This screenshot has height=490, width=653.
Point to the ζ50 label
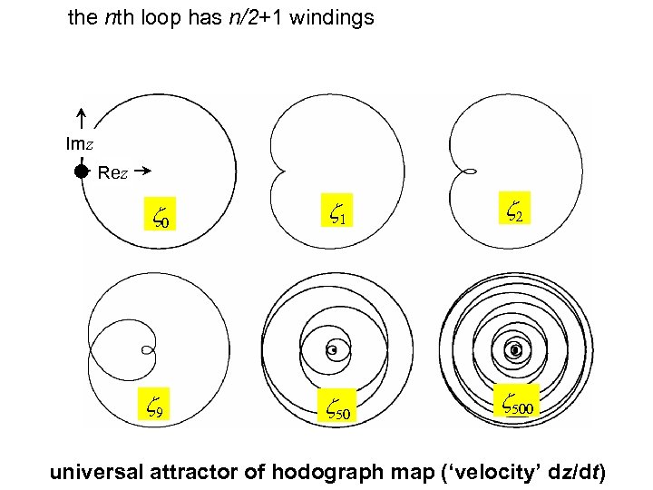click(x=337, y=411)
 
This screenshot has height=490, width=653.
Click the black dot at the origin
click(x=82, y=171)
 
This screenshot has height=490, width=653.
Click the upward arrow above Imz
click(x=81, y=117)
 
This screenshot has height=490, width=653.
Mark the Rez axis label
click(x=112, y=172)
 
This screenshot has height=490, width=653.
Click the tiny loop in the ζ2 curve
click(x=472, y=171)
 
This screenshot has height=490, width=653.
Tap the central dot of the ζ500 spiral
click(x=515, y=349)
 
